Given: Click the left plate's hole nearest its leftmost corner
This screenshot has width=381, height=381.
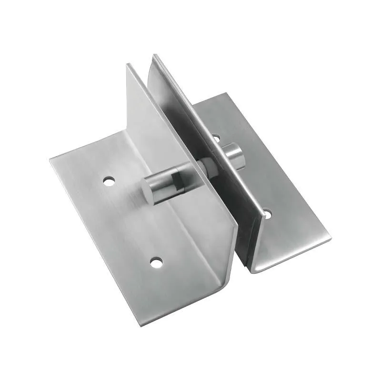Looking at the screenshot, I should [110, 181].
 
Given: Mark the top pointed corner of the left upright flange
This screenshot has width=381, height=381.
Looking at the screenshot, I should [128, 65].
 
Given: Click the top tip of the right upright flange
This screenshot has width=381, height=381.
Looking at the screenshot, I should [153, 56].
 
